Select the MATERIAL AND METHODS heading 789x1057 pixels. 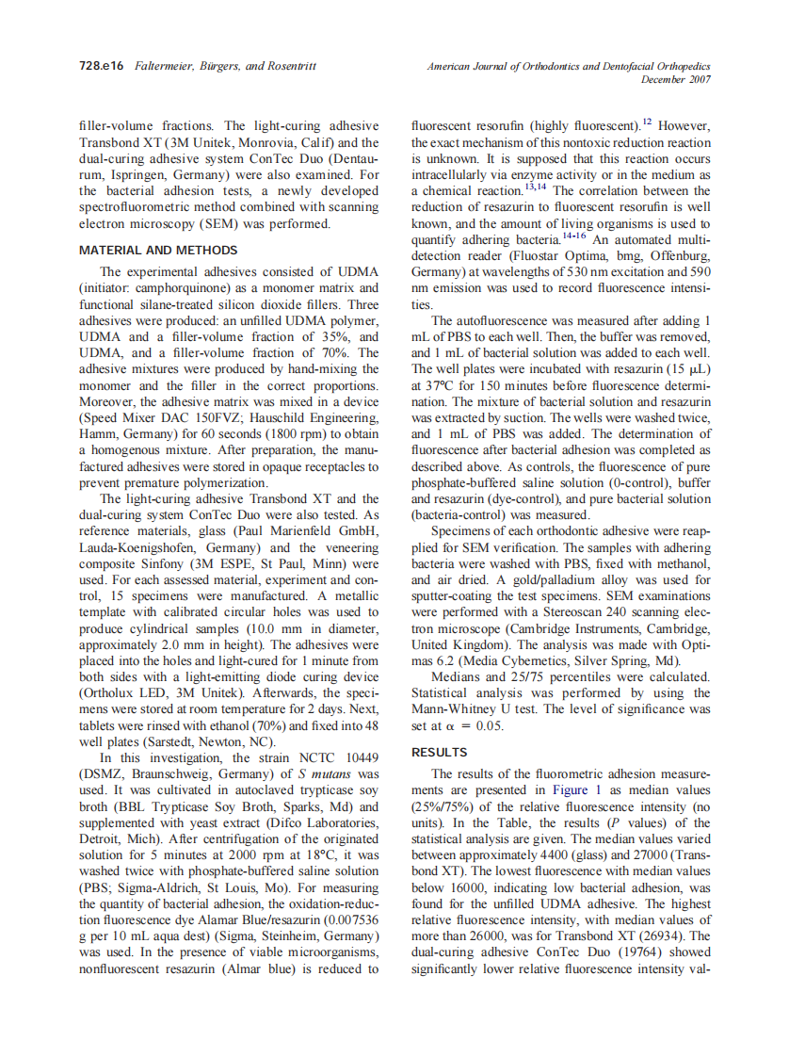pos(158,251)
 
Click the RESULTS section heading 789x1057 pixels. pos(439,752)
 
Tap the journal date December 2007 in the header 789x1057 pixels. pos(675,80)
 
